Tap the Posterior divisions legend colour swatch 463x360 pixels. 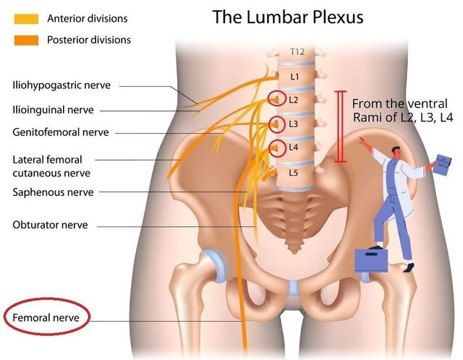(28, 40)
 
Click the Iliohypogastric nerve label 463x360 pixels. (61, 85)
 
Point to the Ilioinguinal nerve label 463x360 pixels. (53, 110)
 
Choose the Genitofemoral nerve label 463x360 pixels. (60, 132)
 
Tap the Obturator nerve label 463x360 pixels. (50, 225)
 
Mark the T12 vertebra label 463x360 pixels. (297, 52)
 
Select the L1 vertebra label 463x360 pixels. (294, 76)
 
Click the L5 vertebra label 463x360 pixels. (294, 173)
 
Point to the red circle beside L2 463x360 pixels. (276, 99)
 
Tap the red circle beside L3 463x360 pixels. (276, 124)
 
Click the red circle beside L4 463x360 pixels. (276, 148)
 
